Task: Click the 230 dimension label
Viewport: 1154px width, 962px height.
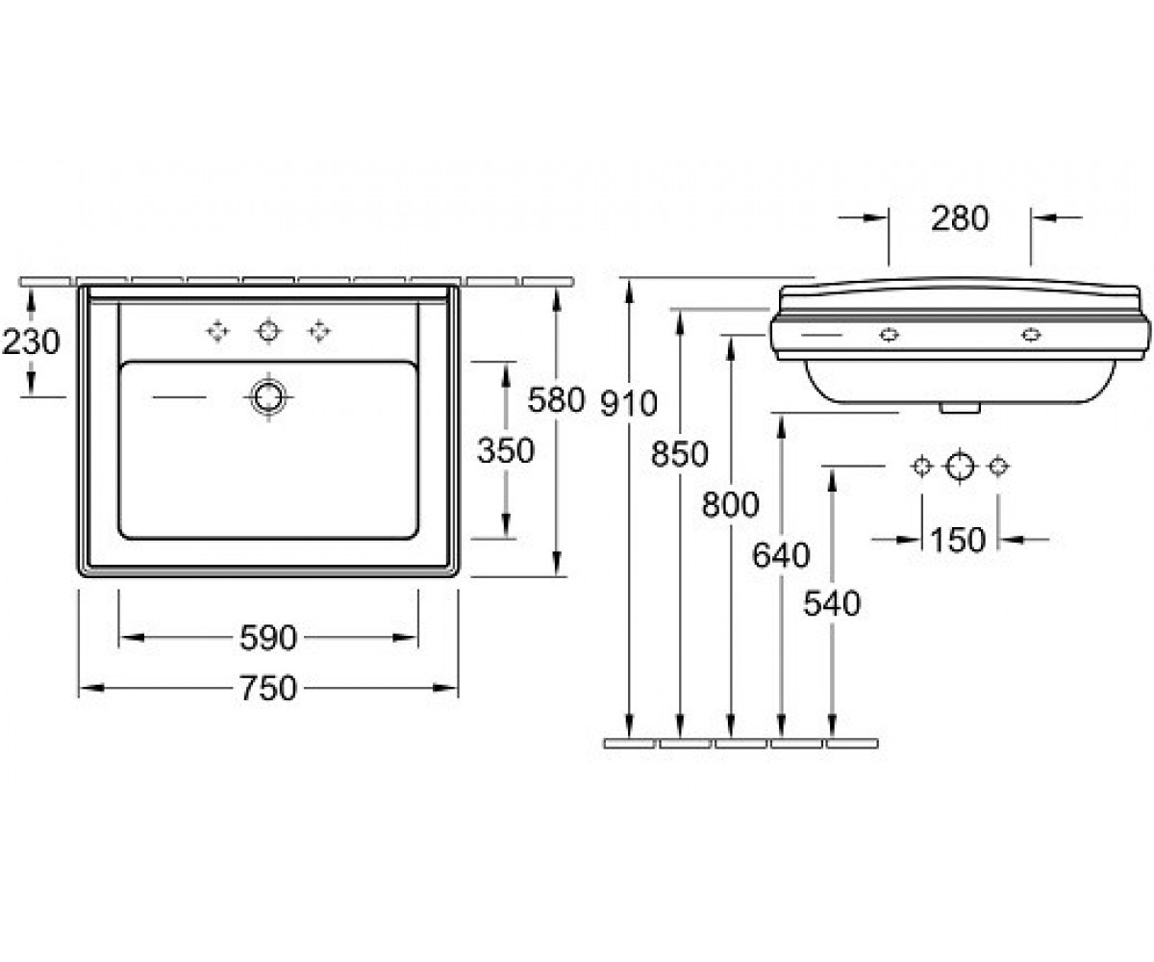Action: coord(31,342)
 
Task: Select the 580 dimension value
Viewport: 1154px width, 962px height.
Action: coord(556,400)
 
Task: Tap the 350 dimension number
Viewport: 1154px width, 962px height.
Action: coord(506,450)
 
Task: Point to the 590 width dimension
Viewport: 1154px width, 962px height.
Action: coord(268,638)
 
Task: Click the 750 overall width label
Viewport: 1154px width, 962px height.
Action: coord(268,689)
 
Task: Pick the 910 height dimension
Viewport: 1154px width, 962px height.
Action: coord(629,403)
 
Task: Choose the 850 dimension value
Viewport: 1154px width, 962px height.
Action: coord(679,454)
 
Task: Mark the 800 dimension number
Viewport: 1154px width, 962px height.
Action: coord(730,504)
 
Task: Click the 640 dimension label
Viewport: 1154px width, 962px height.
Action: coord(781,555)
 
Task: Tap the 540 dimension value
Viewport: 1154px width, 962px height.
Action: coord(832,603)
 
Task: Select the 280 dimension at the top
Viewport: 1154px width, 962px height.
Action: coord(960,218)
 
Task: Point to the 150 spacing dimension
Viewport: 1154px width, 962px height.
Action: coord(959,540)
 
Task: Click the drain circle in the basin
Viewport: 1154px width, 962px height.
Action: coord(268,396)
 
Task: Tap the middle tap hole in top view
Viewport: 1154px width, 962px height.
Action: coord(268,332)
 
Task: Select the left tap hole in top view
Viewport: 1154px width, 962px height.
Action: coord(217,332)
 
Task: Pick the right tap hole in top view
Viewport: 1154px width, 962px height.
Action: coord(319,332)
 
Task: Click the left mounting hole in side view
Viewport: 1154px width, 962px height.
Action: coord(889,335)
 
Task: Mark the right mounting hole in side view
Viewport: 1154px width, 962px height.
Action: coord(1031,335)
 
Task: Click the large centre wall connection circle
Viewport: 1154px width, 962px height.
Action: coord(960,466)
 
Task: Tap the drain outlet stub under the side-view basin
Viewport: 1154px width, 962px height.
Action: coord(960,408)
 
